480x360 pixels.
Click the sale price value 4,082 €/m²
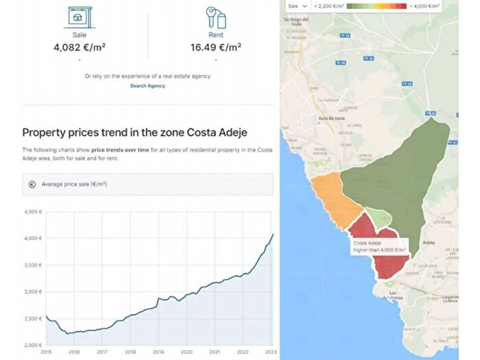80,48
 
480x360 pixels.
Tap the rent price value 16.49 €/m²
215,48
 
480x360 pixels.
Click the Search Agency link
147,86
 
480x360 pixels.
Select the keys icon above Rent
215,16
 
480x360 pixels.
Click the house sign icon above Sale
80,16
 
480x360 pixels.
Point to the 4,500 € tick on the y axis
33,212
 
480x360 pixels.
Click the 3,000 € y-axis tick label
33,291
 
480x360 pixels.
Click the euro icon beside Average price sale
32,184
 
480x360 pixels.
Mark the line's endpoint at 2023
273,235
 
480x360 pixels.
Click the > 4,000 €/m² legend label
424,5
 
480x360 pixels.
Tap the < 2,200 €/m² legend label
328,5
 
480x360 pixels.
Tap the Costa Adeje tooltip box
379,246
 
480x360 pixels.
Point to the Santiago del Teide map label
298,22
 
